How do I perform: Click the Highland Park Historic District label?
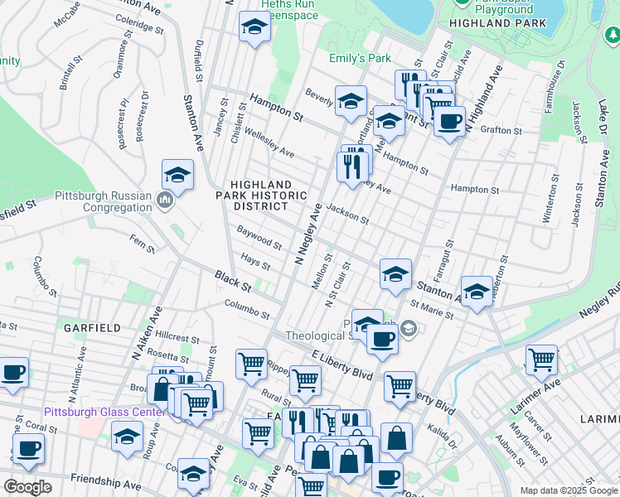point(261,195)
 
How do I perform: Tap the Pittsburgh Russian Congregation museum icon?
point(164,200)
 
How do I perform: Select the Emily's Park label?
point(359,59)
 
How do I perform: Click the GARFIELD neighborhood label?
point(94,328)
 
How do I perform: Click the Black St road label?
point(232,279)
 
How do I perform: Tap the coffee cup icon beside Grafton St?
point(449,122)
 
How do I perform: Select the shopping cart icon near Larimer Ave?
point(541,360)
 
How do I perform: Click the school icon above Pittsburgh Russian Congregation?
point(177,175)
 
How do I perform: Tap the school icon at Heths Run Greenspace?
point(254,27)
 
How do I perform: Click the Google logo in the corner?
point(28,487)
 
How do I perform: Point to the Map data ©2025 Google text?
point(569,490)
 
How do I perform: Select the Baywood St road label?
point(259,241)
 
